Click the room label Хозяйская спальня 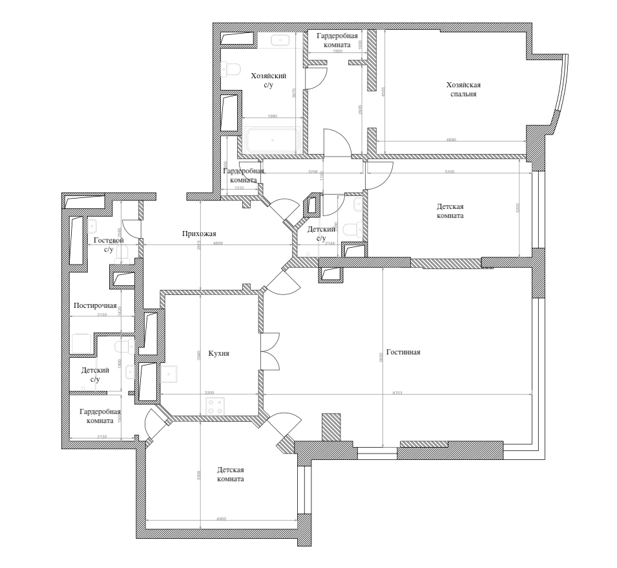(463, 89)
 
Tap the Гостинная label (404, 353)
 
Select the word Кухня (219, 354)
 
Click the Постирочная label (95, 305)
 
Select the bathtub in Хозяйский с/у (271, 140)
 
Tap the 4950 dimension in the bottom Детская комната (222, 519)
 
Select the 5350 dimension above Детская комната (446, 172)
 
